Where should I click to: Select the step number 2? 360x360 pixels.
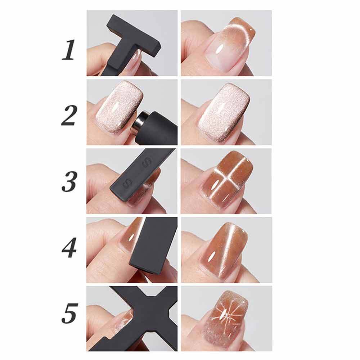tap(68, 116)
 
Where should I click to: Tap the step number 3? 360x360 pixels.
tap(68, 182)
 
